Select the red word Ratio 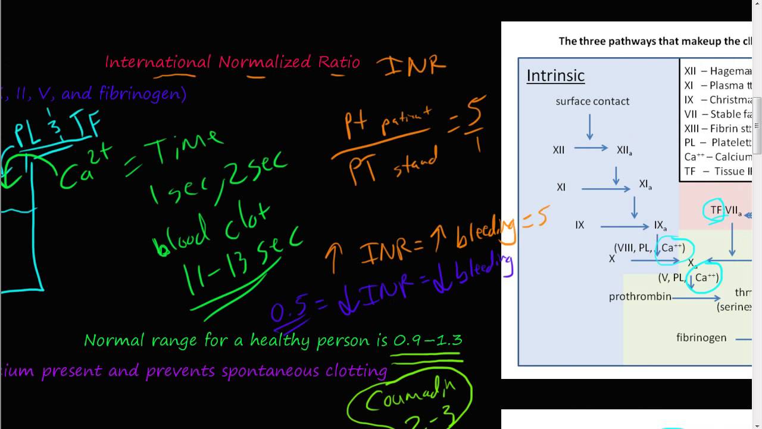tap(339, 62)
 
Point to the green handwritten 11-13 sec tap(244, 262)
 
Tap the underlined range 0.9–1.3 tap(427, 341)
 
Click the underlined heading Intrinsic tap(555, 76)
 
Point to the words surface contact tap(592, 101)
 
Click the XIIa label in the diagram tap(624, 150)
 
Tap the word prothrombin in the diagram tap(640, 296)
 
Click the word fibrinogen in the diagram tap(701, 338)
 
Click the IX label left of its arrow tap(579, 225)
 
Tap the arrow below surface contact tap(589, 127)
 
